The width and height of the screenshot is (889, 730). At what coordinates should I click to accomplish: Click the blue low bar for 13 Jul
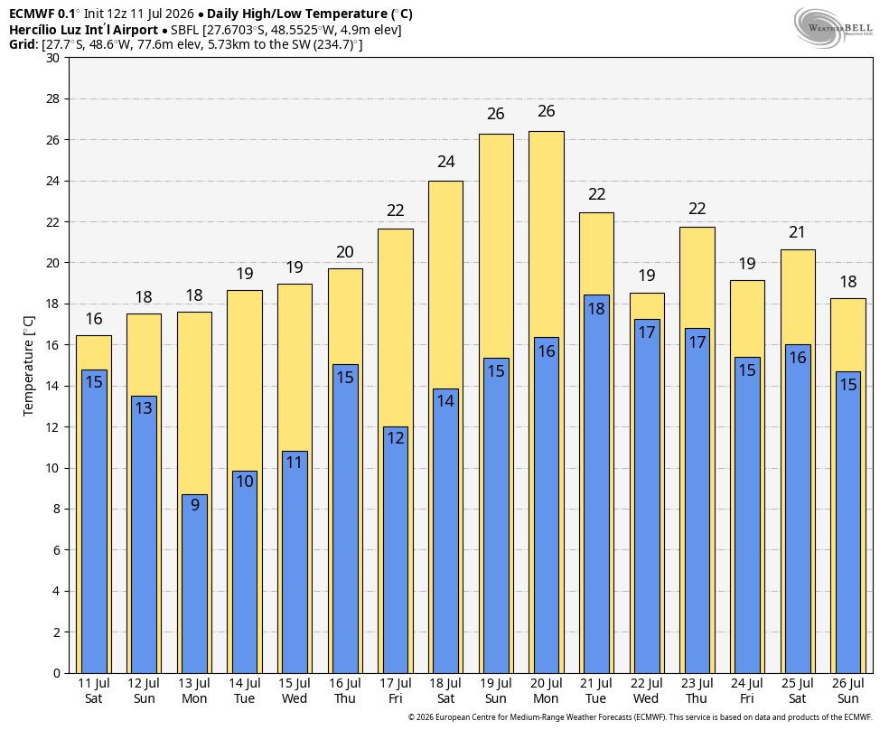tap(194, 584)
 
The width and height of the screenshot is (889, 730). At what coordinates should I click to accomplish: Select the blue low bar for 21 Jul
tap(596, 484)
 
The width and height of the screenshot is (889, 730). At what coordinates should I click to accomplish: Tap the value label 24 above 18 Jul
tap(446, 162)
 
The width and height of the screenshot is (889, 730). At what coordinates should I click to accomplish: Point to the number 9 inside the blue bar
tap(195, 504)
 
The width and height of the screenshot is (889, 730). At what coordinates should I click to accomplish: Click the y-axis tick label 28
tap(52, 99)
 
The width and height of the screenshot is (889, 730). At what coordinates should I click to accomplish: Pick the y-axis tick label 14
tap(52, 387)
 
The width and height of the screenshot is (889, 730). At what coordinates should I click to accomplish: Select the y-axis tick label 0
tap(56, 673)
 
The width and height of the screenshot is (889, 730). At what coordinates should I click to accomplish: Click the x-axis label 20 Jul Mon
tap(546, 691)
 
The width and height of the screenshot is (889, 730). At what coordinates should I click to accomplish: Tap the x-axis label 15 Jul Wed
tap(295, 691)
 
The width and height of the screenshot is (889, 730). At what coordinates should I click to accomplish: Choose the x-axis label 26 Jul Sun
tap(848, 691)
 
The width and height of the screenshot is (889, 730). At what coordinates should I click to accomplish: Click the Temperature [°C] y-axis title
tap(28, 366)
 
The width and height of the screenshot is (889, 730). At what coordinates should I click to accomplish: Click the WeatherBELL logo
tap(833, 28)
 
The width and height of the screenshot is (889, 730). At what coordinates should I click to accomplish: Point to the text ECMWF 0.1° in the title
tap(45, 14)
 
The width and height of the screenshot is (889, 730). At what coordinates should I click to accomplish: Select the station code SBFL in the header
tap(185, 30)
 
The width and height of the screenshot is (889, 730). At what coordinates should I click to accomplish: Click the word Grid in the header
tap(23, 44)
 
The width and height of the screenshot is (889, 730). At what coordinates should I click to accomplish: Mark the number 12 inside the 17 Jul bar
tap(396, 437)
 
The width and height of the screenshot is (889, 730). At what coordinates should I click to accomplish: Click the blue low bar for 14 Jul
tap(245, 573)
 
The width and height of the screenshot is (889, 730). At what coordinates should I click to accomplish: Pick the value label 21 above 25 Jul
tap(797, 232)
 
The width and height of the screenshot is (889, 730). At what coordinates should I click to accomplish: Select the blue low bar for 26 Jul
tap(848, 522)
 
